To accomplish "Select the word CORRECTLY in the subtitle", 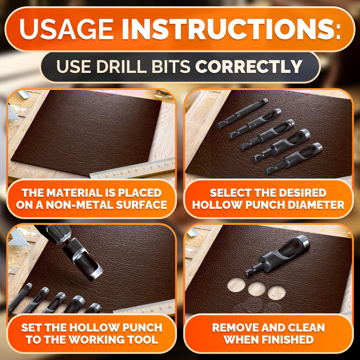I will tap(249, 67).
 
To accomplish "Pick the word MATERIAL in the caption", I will tap(74, 193).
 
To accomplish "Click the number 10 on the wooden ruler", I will tap(166, 165).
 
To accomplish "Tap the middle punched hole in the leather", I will tap(257, 289).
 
